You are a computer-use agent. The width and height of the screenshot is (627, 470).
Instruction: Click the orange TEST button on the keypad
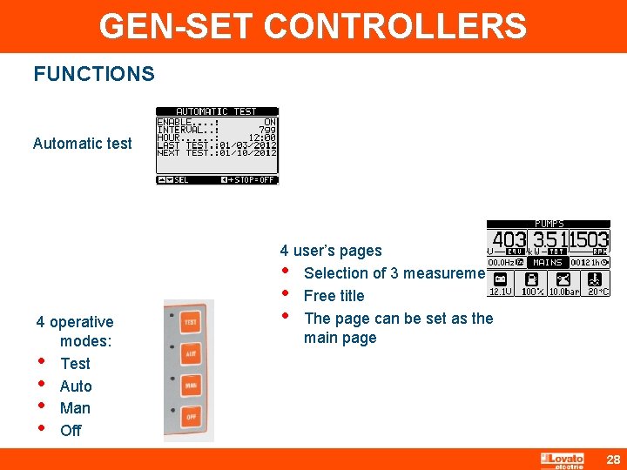coord(190,322)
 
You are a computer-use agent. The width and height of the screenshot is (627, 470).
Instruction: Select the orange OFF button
coord(190,417)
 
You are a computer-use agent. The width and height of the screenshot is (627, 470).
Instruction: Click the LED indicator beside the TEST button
coord(173,315)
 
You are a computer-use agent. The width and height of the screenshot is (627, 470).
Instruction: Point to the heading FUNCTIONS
coord(94,74)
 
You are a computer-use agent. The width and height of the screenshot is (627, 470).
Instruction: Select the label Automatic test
coord(83,144)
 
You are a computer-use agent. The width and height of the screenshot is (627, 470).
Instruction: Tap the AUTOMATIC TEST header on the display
coord(217,111)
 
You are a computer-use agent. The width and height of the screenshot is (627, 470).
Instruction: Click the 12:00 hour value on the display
coord(261,138)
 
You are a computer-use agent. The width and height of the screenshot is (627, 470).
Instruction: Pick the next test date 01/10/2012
coord(248,152)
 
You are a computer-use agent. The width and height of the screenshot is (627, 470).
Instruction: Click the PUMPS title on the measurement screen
coord(549,224)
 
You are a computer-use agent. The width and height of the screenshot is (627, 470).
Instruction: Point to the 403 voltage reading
coord(509,240)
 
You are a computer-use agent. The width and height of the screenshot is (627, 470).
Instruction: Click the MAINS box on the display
coord(548,262)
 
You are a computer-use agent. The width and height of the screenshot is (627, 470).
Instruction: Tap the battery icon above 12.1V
coord(501,279)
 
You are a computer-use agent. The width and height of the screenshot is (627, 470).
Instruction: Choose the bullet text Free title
coord(334,295)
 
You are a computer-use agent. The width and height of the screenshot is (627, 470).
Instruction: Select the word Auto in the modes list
coord(76,386)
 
